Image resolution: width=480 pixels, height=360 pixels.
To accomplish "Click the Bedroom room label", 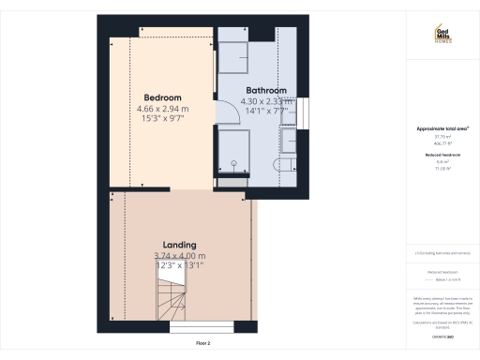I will [x=162, y=97].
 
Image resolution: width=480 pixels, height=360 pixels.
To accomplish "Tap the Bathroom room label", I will [x=266, y=91].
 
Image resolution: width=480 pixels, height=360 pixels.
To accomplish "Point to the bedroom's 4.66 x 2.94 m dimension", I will [x=162, y=108].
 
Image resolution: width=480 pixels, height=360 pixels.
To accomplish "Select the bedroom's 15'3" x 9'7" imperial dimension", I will [x=162, y=118].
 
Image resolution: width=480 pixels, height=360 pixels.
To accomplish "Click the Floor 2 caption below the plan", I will [x=203, y=343].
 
